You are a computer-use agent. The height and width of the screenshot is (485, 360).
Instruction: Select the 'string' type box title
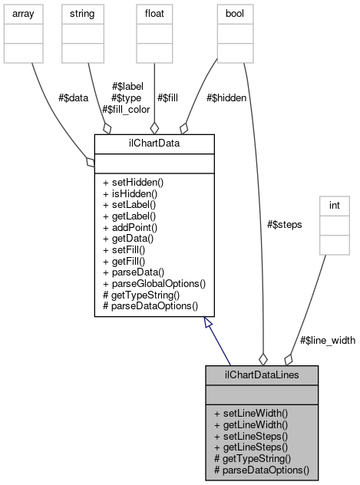[x=82, y=14]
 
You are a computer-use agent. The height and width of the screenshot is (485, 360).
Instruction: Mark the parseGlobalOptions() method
[x=154, y=283]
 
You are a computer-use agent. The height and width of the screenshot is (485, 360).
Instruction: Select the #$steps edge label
[x=284, y=224]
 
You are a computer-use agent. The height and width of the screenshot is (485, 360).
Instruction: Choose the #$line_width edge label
[x=327, y=340]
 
